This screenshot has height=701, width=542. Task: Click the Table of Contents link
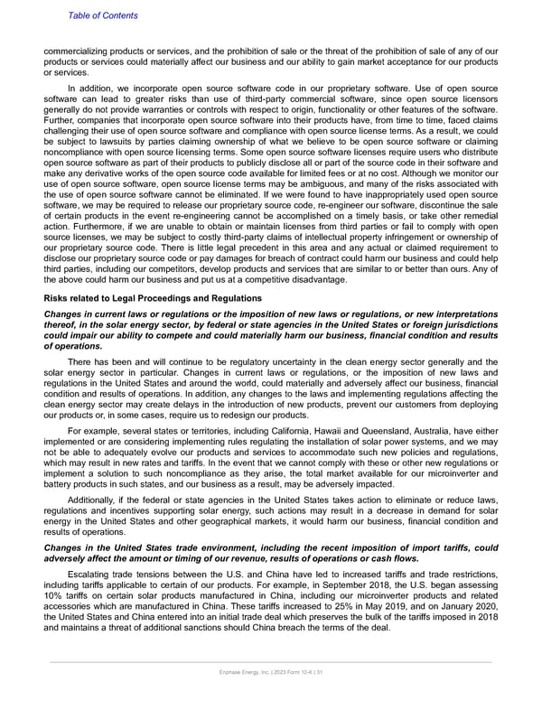(x=101, y=15)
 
